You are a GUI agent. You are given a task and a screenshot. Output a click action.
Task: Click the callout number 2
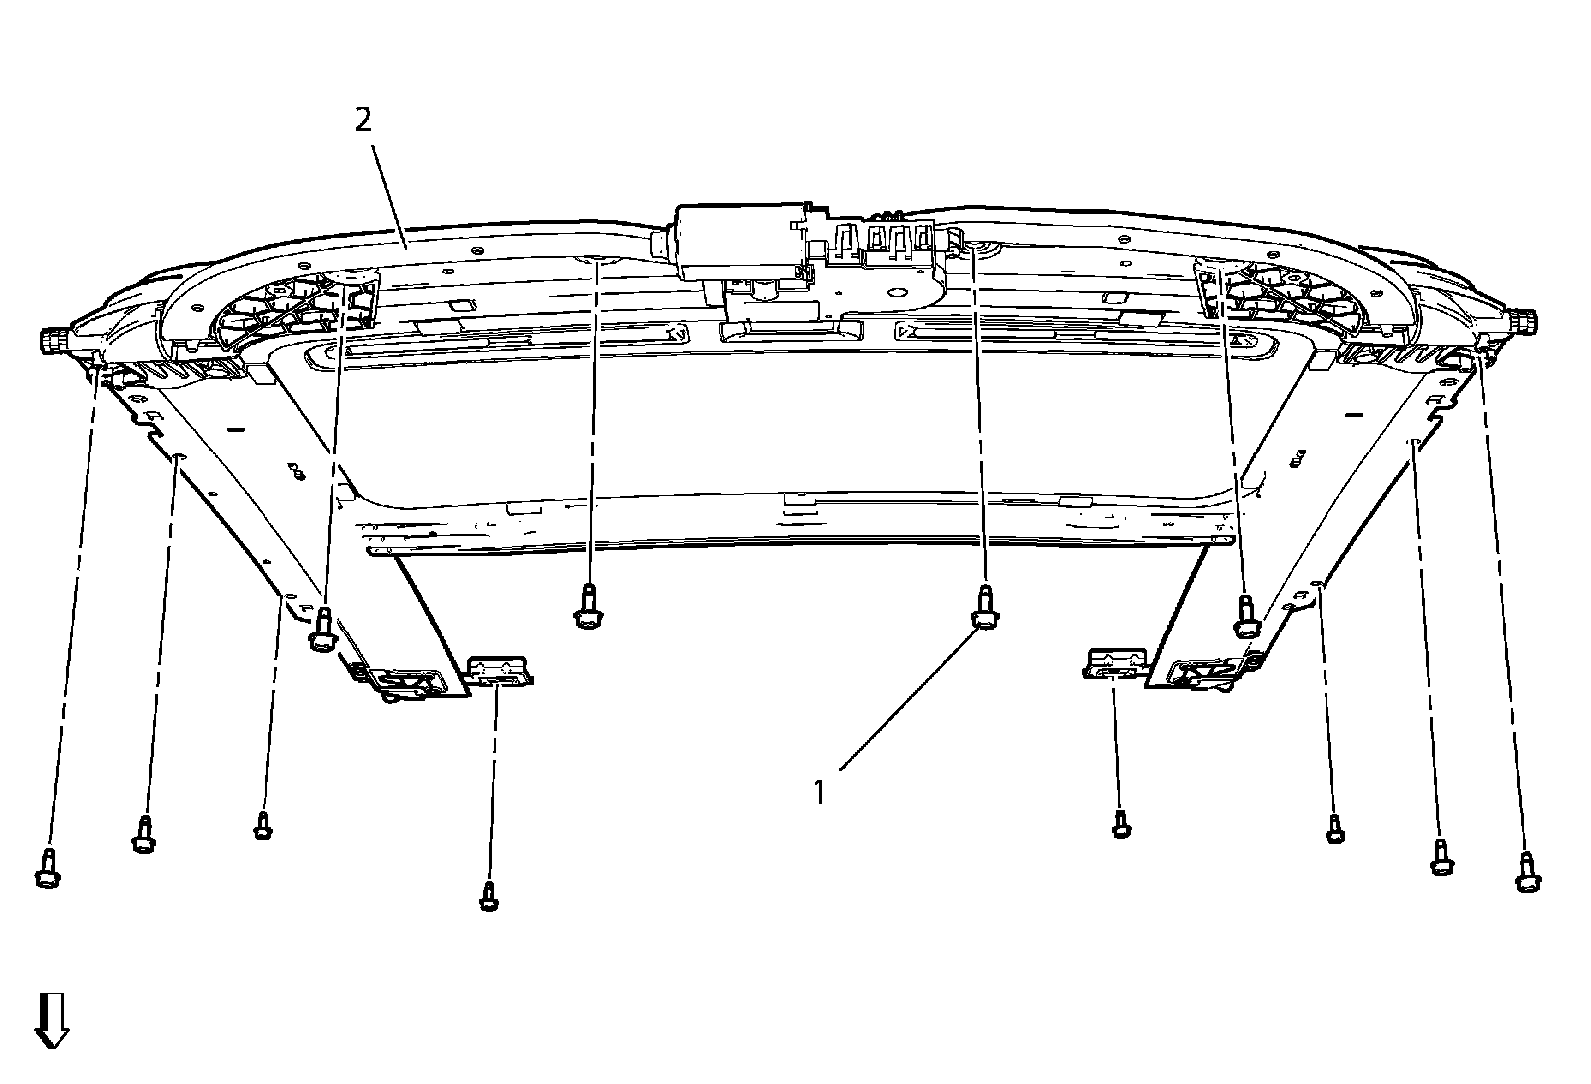click(363, 120)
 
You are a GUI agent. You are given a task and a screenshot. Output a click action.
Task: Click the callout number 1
click(820, 792)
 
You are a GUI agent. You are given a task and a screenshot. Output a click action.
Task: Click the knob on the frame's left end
click(53, 341)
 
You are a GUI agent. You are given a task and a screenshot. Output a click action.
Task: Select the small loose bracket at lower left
click(500, 668)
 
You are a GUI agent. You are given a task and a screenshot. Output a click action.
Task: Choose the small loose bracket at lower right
click(1116, 662)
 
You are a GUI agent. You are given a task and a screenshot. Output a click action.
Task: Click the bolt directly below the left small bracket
click(488, 895)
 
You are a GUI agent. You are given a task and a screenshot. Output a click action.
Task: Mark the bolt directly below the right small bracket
click(1121, 823)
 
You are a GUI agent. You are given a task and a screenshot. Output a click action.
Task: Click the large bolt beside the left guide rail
click(321, 629)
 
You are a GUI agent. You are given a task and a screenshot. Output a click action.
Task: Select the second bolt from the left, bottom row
click(144, 834)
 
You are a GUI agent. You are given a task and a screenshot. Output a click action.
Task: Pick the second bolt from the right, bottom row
click(1439, 856)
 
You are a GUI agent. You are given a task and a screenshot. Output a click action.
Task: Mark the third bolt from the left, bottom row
click(263, 825)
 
